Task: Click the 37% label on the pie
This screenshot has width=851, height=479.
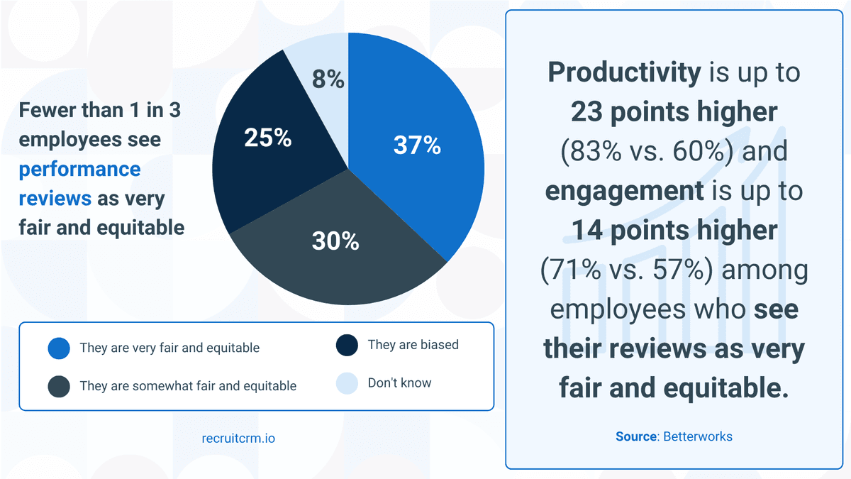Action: pyautogui.click(x=417, y=146)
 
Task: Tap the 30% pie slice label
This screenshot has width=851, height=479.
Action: pyautogui.click(x=335, y=241)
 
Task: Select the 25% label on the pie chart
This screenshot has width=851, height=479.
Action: pyautogui.click(x=267, y=138)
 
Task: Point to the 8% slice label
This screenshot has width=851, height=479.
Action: pyautogui.click(x=328, y=80)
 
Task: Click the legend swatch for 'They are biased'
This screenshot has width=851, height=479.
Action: pyautogui.click(x=347, y=346)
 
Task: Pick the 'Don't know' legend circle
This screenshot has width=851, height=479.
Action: pyautogui.click(x=347, y=383)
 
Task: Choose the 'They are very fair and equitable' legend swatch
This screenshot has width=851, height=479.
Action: pyautogui.click(x=59, y=348)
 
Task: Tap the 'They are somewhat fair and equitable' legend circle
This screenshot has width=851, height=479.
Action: pyautogui.click(x=59, y=386)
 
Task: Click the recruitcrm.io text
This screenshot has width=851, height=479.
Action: pyautogui.click(x=238, y=439)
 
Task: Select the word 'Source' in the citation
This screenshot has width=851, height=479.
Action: pyautogui.click(x=636, y=436)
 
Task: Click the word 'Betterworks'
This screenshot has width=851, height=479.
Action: pyautogui.click(x=698, y=436)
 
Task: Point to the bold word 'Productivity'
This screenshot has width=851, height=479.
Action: pyautogui.click(x=623, y=72)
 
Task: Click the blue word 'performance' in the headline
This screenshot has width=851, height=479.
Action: pyautogui.click(x=79, y=170)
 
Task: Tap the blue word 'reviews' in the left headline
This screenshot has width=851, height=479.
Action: pyautogui.click(x=55, y=198)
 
